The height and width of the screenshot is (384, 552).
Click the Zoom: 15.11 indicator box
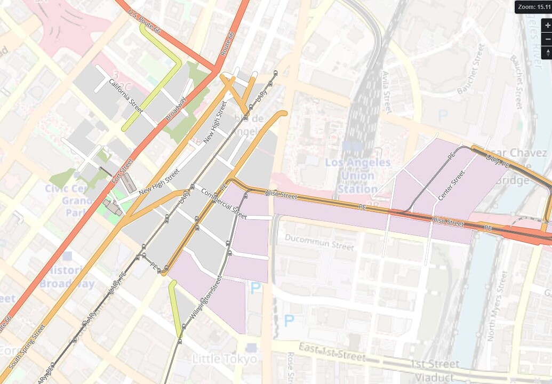tap(533, 7)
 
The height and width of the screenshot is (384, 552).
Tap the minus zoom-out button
tap(547, 39)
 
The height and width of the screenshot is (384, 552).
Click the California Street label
tap(125, 95)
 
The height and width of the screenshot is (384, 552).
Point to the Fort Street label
tap(123, 171)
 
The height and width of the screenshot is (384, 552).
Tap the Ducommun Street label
tap(319, 242)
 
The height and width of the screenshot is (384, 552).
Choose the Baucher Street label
tap(471, 70)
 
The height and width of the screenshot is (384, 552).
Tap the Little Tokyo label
tap(224, 359)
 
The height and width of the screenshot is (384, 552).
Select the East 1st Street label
tap(333, 353)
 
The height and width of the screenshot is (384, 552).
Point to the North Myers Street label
tap(496, 306)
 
